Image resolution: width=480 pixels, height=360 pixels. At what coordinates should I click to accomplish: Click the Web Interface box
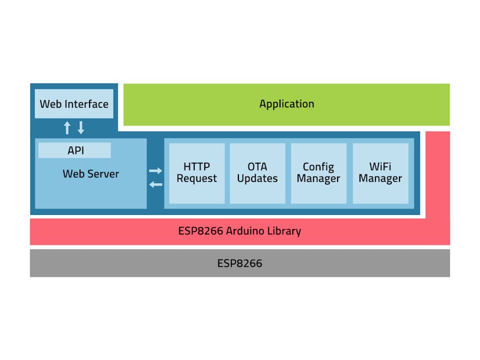[x=74, y=104]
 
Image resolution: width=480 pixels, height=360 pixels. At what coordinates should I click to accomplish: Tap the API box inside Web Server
[x=75, y=150]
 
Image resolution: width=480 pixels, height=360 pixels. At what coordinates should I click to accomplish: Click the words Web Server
[x=91, y=174]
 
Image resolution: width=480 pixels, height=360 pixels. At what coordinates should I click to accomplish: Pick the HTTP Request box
[x=197, y=173]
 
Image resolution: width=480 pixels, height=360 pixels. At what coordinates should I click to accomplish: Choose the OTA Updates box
[x=257, y=173]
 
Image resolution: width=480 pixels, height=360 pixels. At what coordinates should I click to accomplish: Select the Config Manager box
[x=318, y=173]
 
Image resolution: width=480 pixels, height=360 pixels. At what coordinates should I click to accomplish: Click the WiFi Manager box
[x=380, y=173]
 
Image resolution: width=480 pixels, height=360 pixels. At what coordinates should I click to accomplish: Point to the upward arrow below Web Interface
[x=67, y=127]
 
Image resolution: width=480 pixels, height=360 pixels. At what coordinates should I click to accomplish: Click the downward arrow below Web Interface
[x=81, y=127]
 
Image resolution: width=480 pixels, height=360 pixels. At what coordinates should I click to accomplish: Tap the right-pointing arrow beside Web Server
[x=155, y=171]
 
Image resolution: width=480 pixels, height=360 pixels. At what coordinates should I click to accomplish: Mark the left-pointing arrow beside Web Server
[x=155, y=185]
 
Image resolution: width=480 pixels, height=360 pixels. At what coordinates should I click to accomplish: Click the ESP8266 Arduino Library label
[x=239, y=231]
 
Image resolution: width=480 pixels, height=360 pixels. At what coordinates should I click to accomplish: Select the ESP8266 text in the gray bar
[x=239, y=263]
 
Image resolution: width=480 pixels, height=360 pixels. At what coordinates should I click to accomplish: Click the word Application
[x=286, y=104]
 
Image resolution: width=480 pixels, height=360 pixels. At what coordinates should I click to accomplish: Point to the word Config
[x=318, y=167]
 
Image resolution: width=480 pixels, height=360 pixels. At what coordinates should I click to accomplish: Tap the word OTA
[x=257, y=166]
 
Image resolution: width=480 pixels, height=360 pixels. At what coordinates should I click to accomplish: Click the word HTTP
[x=197, y=166]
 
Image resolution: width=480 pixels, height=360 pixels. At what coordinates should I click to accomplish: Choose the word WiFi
[x=380, y=166]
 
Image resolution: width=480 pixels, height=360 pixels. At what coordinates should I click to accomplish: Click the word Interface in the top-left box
[x=86, y=104]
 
